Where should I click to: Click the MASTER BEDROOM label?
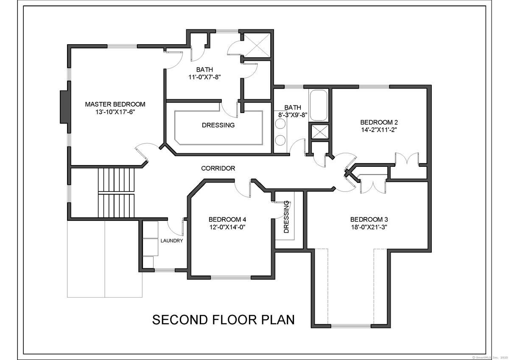click(115, 104)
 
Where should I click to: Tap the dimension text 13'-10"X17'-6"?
click(115, 112)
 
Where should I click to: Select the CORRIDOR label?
click(218, 168)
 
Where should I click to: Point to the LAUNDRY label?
click(171, 241)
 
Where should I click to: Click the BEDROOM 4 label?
click(227, 219)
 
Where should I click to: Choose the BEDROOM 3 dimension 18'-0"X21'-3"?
click(369, 227)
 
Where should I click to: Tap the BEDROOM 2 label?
click(379, 122)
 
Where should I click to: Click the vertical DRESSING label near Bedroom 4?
click(286, 217)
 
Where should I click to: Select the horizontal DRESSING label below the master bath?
click(218, 125)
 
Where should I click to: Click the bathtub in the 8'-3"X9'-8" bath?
click(319, 105)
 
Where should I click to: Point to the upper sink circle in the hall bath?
click(280, 124)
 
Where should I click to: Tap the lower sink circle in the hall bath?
click(280, 140)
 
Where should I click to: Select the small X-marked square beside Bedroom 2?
click(320, 132)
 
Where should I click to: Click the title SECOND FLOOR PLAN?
click(224, 320)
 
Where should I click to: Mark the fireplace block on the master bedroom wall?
click(64, 107)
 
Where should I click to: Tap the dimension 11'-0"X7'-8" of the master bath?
click(204, 77)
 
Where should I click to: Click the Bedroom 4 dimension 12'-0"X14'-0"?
click(227, 227)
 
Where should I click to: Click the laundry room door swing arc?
click(172, 230)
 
